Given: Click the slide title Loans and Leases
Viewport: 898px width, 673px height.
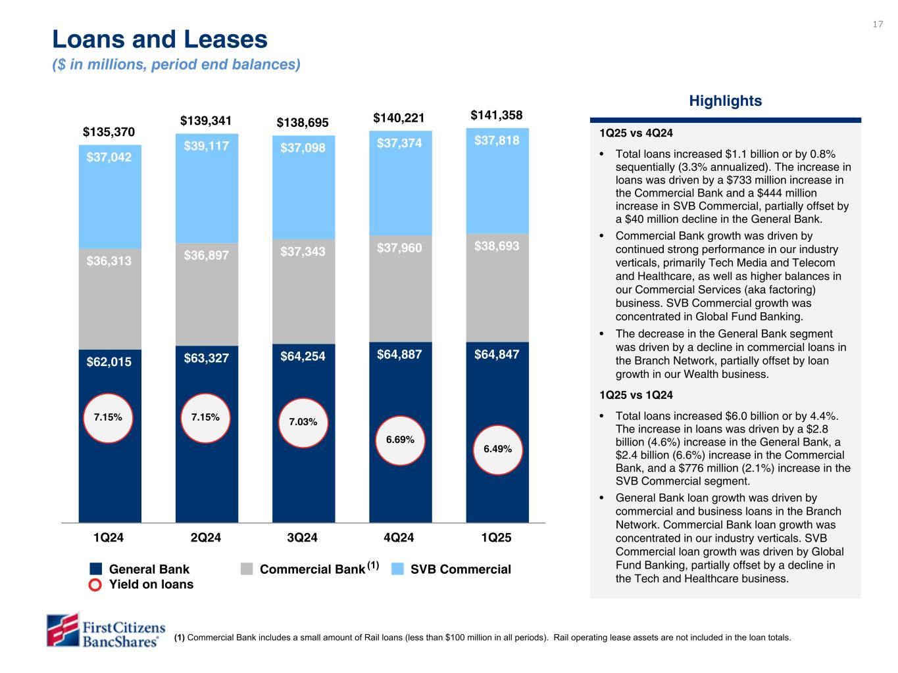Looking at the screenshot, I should click(x=160, y=40).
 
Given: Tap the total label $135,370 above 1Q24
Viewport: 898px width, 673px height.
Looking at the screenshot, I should click(x=109, y=133).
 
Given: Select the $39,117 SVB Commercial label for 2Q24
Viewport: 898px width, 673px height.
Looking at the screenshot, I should click(x=206, y=146).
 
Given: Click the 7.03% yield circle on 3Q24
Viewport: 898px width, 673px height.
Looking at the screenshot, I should click(x=303, y=422).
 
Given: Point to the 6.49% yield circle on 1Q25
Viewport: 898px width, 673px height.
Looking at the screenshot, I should click(x=497, y=449).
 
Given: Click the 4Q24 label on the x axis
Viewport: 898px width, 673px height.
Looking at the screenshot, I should click(x=399, y=538).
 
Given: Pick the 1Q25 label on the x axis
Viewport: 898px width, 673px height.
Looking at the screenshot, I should click(x=496, y=538).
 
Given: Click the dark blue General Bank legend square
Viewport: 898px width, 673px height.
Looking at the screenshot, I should click(x=96, y=569).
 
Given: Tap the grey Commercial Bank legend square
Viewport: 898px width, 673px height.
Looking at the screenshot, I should click(x=247, y=569).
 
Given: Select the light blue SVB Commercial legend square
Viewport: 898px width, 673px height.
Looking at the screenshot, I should click(x=397, y=569).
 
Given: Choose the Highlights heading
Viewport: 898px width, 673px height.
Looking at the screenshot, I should click(x=725, y=101).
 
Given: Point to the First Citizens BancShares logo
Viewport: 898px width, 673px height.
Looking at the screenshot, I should click(x=105, y=630).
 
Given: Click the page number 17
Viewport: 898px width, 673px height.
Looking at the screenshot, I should click(x=878, y=24).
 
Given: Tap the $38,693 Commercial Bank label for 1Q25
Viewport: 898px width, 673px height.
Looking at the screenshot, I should click(x=497, y=246).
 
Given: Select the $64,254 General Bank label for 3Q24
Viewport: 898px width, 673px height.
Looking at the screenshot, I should click(x=303, y=356).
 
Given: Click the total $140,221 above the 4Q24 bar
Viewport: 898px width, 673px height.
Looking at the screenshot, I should click(x=399, y=118).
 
